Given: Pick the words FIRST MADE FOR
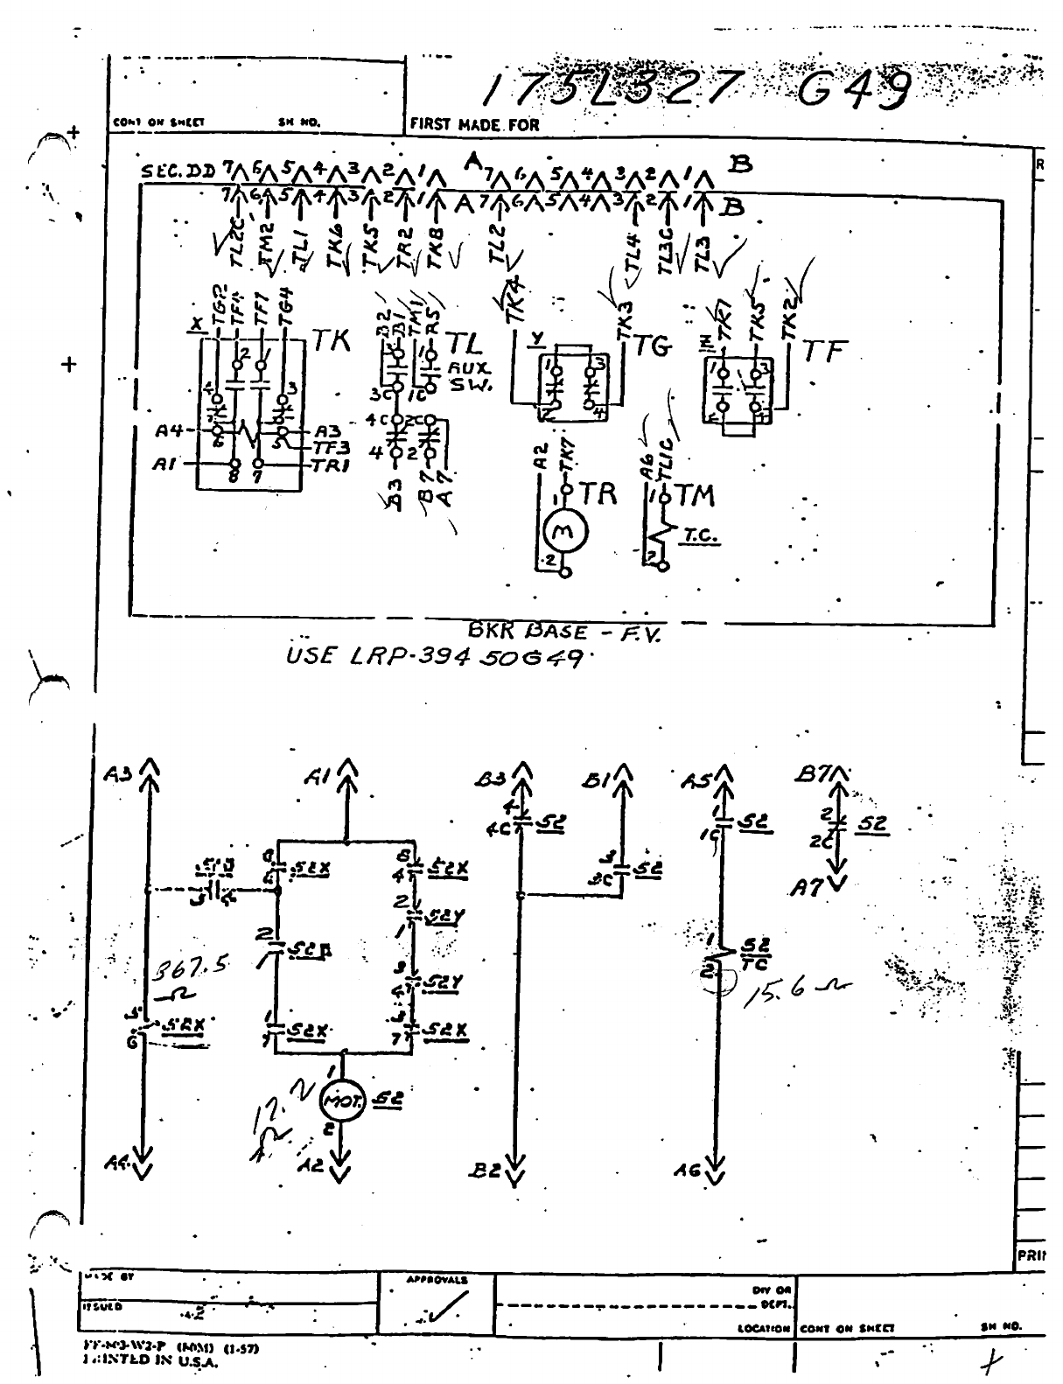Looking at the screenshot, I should tap(475, 124).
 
